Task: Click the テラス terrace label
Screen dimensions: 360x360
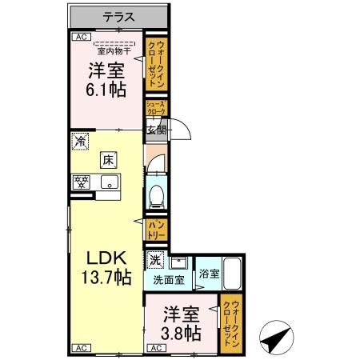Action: pyautogui.click(x=118, y=16)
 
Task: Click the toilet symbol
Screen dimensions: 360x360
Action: pyautogui.click(x=157, y=194)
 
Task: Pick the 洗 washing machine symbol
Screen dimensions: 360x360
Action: pyautogui.click(x=155, y=259)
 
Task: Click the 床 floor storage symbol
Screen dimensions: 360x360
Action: pyautogui.click(x=107, y=159)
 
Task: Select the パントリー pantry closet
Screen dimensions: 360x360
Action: pyautogui.click(x=156, y=230)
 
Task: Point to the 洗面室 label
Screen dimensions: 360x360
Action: pyautogui.click(x=169, y=280)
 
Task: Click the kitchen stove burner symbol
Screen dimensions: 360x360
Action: pyautogui.click(x=81, y=182)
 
